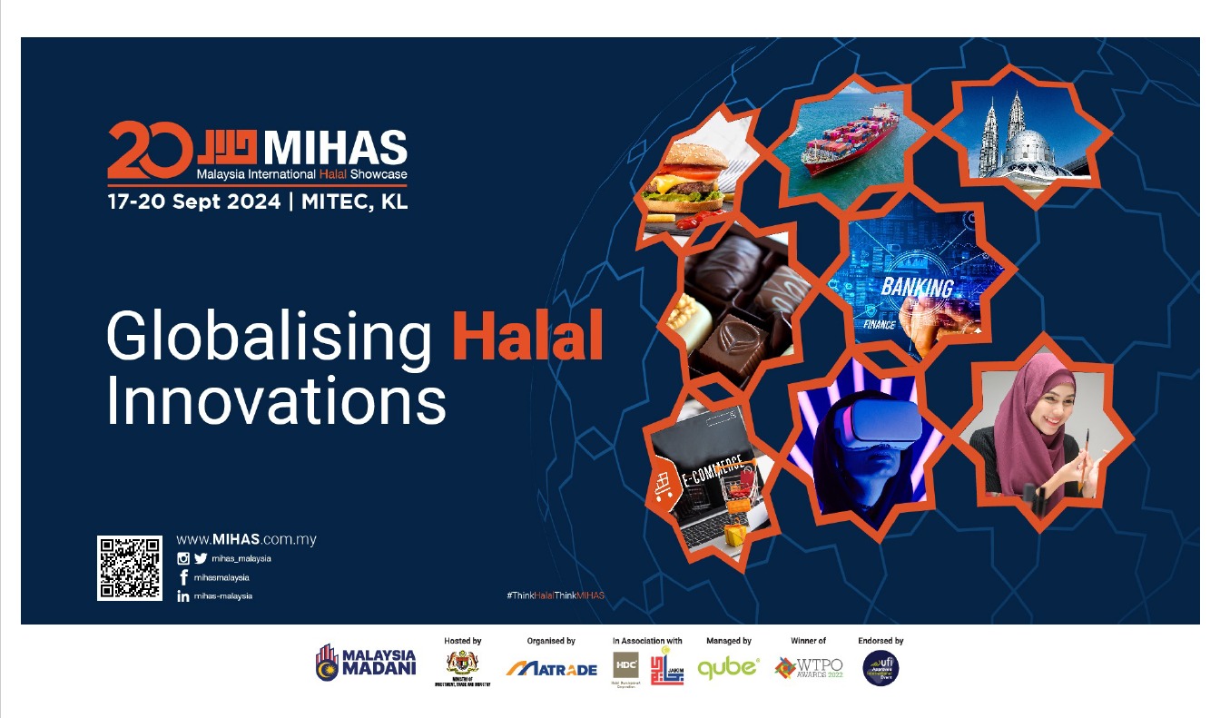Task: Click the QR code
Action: coord(130,568)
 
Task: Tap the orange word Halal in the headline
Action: coord(527,337)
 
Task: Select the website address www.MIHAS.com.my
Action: coord(246,539)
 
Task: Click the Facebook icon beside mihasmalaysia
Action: coord(183,577)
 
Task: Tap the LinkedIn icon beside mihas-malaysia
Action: coord(183,596)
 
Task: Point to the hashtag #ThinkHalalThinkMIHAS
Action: coord(555,595)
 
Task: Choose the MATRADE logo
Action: coord(552,669)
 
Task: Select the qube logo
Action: coord(728,668)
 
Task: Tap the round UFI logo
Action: coord(880,668)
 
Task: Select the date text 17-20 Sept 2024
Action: coord(194,202)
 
